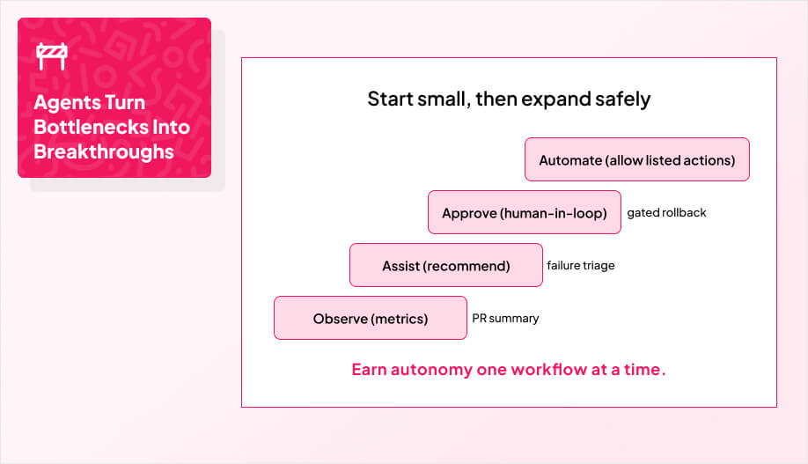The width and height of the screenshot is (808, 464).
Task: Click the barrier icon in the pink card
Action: [51, 56]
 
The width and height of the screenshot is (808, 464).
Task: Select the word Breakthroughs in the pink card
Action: [104, 151]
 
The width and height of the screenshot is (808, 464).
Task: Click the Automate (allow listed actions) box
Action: [636, 160]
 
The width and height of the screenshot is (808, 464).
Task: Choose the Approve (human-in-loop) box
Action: [524, 213]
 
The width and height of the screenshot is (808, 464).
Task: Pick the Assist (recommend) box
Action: [445, 266]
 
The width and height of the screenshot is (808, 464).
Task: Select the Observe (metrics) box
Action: [370, 319]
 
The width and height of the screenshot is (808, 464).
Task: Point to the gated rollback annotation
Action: [666, 213]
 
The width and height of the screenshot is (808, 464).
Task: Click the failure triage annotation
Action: [580, 266]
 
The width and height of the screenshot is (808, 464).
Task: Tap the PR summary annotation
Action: [505, 319]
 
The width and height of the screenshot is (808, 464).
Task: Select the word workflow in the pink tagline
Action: [549, 370]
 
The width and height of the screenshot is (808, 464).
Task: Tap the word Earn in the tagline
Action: [369, 370]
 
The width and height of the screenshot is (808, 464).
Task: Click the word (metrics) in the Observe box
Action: [400, 319]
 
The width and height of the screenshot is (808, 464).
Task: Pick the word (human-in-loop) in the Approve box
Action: [554, 213]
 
